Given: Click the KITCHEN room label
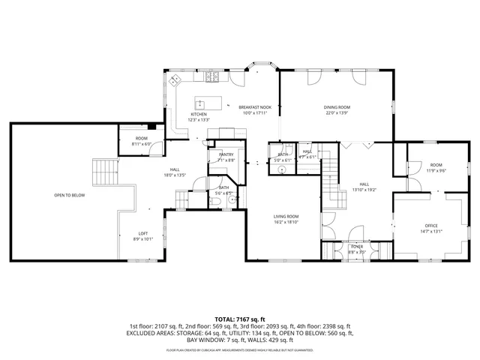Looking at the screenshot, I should (199, 115).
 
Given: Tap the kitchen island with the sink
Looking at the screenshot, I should (202, 102).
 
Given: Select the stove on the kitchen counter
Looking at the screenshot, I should (214, 77).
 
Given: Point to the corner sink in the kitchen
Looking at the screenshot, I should (175, 79).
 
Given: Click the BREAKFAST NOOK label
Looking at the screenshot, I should (255, 108).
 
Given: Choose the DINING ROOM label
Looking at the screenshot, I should (337, 108).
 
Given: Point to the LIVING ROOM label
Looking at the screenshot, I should (286, 217).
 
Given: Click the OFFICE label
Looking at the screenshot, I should (430, 226).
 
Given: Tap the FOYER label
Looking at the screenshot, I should (356, 247).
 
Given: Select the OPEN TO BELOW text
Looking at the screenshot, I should (69, 195).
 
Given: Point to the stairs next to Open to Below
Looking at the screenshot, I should (103, 174).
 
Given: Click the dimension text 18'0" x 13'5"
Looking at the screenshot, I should (174, 175).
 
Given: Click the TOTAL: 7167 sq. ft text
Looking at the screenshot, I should (240, 319).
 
